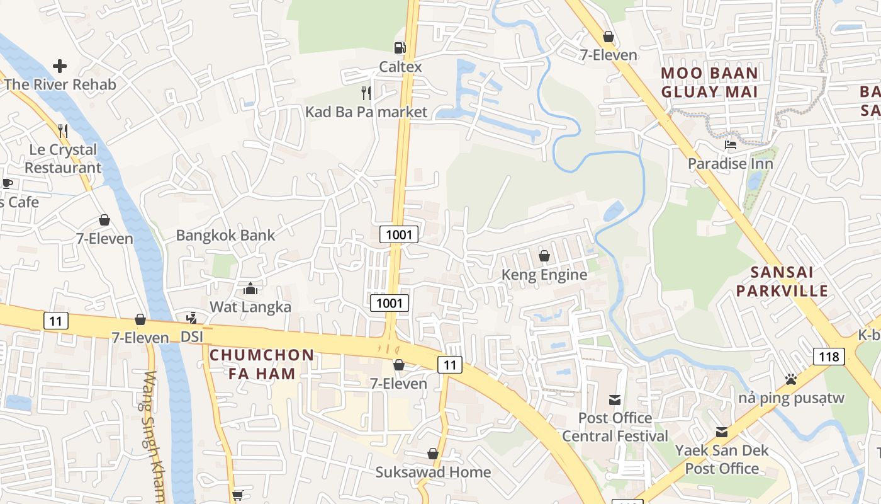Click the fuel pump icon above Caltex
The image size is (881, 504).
coord(400,47)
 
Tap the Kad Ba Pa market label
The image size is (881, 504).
coord(366,112)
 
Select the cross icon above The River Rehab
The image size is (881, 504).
coord(60,66)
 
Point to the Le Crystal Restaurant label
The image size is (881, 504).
coord(63,159)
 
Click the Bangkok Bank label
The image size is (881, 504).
coord(225,236)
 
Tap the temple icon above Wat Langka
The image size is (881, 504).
coord(250,289)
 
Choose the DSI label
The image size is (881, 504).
coord(192,337)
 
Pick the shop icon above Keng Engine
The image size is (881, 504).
coord(544,256)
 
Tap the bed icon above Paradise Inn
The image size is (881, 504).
coord(731,145)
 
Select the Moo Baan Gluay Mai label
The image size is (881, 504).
coord(709,83)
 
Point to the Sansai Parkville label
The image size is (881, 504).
coord(782,282)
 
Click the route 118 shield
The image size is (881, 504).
coord(829,357)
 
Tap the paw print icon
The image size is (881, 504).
coord(791,379)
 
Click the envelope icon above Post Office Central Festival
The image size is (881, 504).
coord(615,399)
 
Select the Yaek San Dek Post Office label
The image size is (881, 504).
coord(722,459)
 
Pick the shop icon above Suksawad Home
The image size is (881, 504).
coord(433,454)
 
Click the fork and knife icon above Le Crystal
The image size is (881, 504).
coord(62,130)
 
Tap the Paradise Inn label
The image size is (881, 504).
coord(731,164)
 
